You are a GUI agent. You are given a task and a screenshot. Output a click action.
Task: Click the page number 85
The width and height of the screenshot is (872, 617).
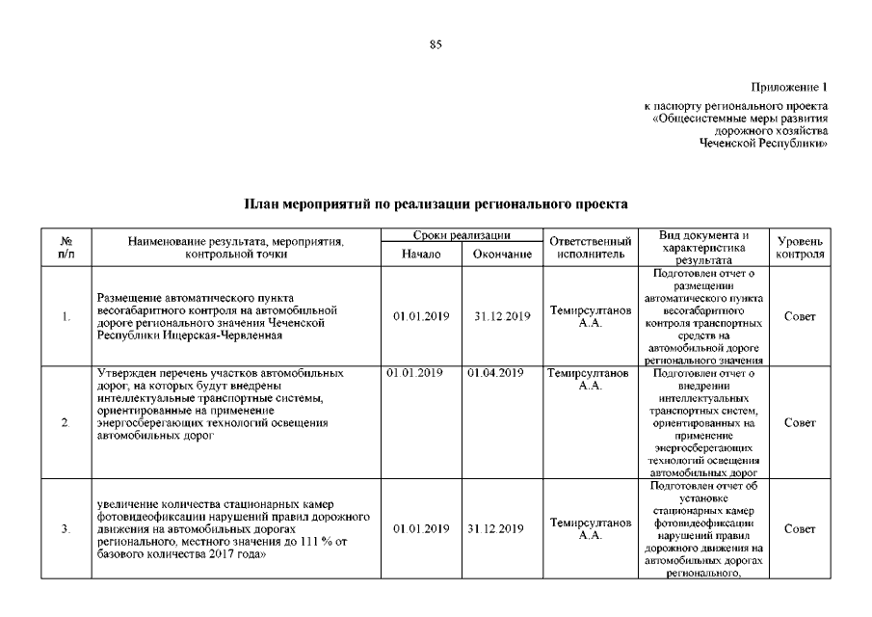point(436,45)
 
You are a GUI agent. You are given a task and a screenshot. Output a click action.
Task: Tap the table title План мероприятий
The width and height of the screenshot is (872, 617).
point(436,204)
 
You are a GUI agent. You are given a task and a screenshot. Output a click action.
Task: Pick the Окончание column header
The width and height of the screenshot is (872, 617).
point(502,254)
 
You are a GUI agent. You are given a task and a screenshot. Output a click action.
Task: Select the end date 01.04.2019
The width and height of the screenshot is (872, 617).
point(495,373)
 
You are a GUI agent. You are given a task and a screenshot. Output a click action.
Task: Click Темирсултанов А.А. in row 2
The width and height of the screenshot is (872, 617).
point(589,379)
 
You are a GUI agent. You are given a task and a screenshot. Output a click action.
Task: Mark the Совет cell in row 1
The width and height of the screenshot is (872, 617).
point(800,316)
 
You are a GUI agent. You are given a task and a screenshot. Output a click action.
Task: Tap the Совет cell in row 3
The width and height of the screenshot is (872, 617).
point(800,528)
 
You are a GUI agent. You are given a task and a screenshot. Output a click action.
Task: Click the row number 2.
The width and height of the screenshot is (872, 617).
point(65,423)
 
